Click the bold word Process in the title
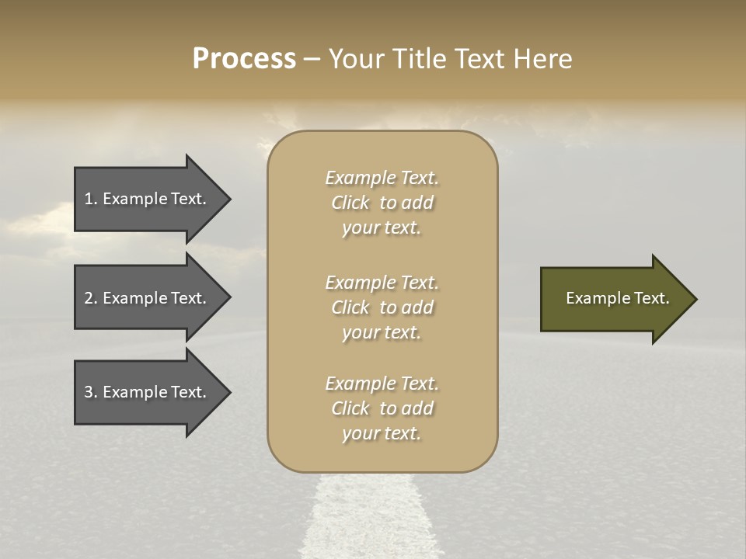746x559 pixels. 244,59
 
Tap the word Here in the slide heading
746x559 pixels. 542,59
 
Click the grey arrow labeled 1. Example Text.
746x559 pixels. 148,199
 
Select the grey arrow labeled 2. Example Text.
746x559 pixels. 148,298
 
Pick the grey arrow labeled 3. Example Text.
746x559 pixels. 148,392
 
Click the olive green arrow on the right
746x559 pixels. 614,299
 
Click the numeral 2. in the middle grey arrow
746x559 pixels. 91,298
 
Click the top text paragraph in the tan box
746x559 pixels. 382,203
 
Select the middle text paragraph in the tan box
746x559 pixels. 382,307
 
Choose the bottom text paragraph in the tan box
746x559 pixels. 382,408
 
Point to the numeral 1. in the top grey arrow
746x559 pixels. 91,199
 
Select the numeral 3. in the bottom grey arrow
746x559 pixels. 91,392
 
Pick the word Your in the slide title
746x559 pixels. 358,59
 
